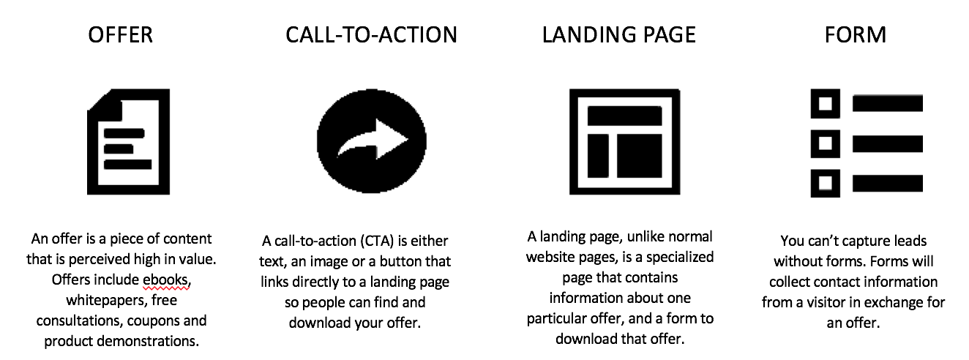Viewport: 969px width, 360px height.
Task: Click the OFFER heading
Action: click(120, 35)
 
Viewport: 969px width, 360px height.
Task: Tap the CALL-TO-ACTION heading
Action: click(371, 35)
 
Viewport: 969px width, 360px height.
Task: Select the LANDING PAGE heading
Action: click(619, 35)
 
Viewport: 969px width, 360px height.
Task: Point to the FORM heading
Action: click(856, 35)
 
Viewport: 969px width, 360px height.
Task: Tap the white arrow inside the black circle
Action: click(373, 140)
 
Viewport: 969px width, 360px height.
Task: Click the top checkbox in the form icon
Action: click(826, 104)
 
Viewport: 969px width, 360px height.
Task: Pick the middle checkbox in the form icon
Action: click(826, 143)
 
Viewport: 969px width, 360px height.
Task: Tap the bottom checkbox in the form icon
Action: click(826, 184)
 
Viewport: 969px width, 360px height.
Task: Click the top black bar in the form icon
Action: click(888, 104)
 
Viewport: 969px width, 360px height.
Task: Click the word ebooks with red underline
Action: click(167, 280)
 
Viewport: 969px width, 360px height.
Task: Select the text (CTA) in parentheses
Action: click(377, 241)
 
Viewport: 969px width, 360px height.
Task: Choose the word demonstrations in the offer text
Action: click(148, 342)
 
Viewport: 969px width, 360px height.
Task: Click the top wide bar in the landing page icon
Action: click(625, 116)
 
